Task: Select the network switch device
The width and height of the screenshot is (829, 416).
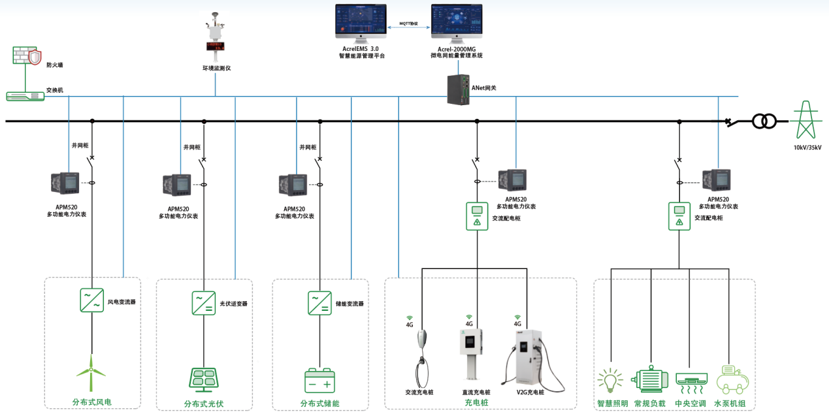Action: click(25, 96)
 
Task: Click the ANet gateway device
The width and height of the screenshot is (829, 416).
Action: click(457, 89)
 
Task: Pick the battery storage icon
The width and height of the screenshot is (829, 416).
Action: click(319, 381)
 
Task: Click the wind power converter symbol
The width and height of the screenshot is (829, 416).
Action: click(91, 300)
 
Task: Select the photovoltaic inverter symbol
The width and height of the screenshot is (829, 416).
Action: click(203, 303)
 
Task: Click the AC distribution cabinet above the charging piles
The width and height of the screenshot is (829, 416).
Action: click(477, 216)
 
